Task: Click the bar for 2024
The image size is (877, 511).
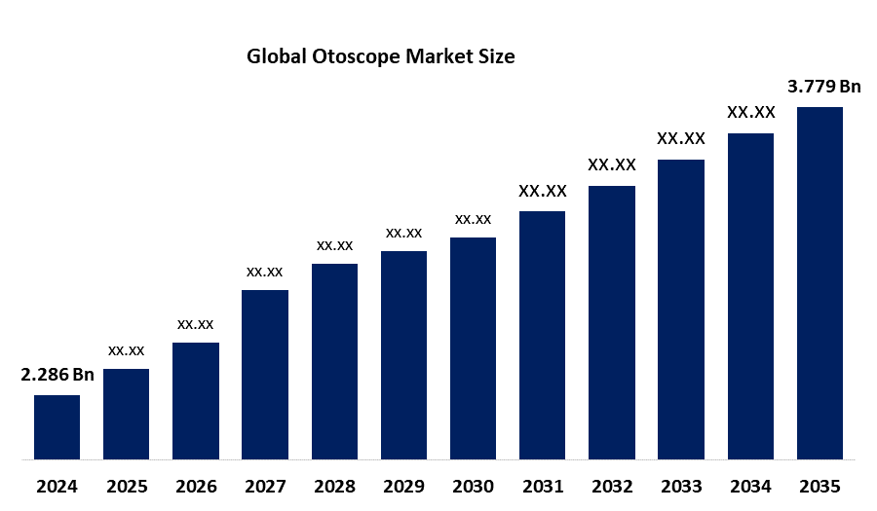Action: click(x=57, y=426)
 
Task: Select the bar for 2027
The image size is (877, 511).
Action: click(x=265, y=374)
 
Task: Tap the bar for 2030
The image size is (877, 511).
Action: click(x=473, y=347)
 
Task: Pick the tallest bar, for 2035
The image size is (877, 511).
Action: click(x=820, y=282)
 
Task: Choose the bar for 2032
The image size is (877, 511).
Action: click(x=612, y=321)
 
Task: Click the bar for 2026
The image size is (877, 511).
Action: click(x=196, y=400)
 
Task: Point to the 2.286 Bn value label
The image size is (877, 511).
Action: click(x=57, y=375)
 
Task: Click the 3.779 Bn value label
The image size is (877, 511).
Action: click(x=824, y=87)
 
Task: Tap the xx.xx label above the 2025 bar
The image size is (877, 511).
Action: click(x=127, y=349)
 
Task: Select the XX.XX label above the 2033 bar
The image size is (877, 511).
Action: click(x=681, y=139)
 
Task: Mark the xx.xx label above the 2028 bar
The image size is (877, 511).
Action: click(x=334, y=245)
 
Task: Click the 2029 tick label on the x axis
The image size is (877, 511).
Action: click(x=403, y=486)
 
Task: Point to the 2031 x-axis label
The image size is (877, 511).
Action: click(x=542, y=486)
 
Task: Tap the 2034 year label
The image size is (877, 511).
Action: click(x=750, y=486)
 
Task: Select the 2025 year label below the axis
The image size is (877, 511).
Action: click(x=127, y=486)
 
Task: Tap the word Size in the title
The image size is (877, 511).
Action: click(x=494, y=57)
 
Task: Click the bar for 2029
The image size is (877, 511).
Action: click(x=403, y=354)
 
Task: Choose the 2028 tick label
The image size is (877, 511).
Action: click(x=334, y=486)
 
